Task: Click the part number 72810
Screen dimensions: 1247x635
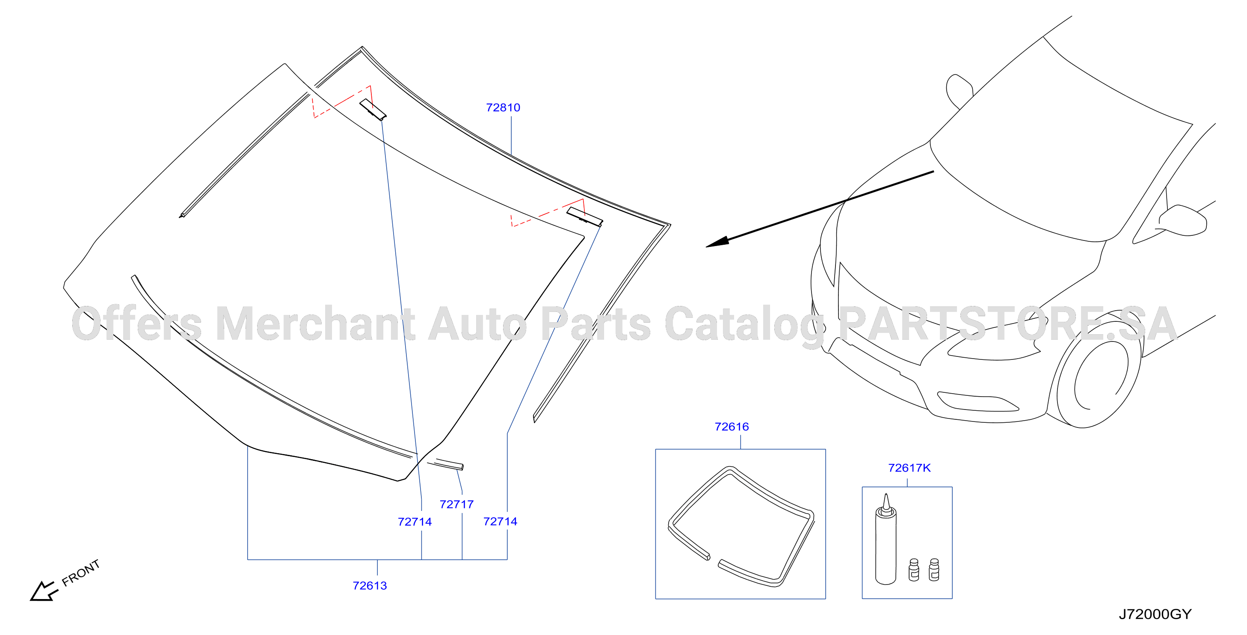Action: point(503,107)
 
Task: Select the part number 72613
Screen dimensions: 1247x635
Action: point(370,586)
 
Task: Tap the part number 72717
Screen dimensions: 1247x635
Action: point(456,504)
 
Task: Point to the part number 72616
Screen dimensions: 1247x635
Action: point(732,427)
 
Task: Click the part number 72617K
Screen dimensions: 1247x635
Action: point(909,468)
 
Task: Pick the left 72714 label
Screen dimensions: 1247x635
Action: point(415,522)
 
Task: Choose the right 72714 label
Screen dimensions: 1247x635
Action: point(500,521)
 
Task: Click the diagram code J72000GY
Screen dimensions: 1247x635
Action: point(1155,614)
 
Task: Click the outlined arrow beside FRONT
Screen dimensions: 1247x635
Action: point(44,591)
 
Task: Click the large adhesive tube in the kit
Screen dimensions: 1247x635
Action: point(886,540)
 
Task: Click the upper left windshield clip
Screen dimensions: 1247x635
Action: point(373,109)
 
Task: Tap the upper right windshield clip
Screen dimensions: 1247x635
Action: point(585,217)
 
